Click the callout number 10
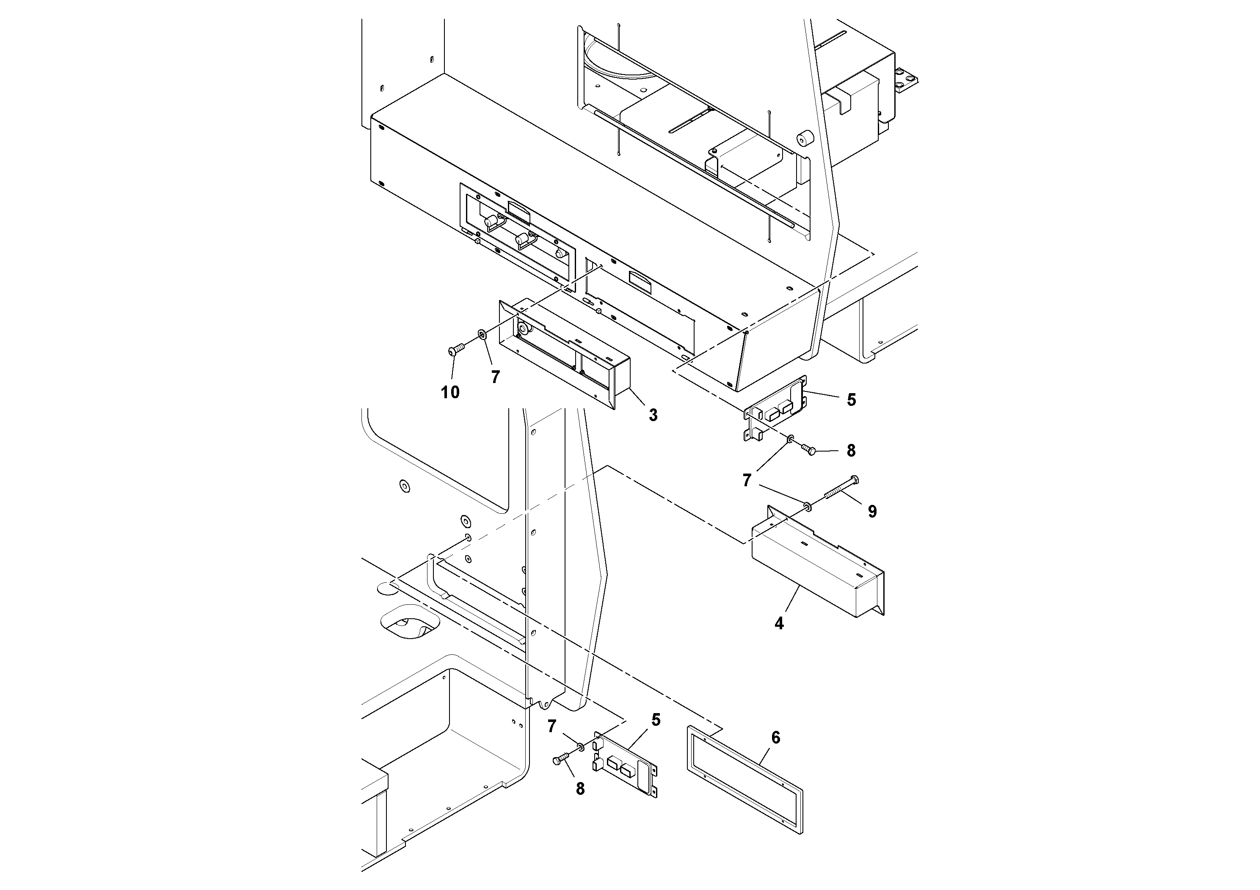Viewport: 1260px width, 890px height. [450, 392]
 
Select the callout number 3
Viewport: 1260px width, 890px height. [653, 415]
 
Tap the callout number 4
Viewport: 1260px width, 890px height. [779, 623]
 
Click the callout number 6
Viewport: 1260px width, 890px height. [775, 738]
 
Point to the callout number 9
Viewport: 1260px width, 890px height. [872, 511]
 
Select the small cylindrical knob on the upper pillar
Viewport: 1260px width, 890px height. [805, 139]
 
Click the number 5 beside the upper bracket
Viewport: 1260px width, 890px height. [851, 400]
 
